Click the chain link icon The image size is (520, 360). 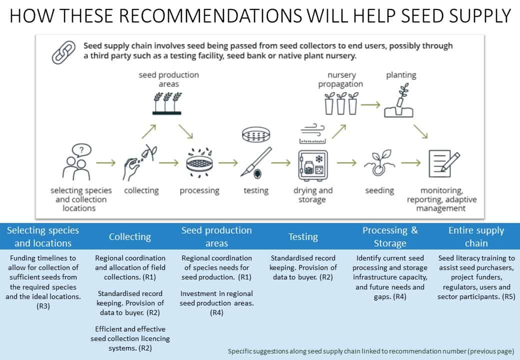[63, 52]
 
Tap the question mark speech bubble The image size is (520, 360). [81, 150]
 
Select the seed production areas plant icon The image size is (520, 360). [167, 103]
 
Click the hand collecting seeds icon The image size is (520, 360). [139, 162]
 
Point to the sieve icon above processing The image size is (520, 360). [199, 162]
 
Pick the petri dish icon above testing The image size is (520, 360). [255, 134]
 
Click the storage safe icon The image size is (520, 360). [312, 165]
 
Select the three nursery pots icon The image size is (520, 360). [341, 103]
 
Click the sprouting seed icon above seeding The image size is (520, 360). [380, 163]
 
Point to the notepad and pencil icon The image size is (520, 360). [444, 163]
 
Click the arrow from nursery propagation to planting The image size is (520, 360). [370, 105]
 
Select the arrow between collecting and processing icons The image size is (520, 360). [168, 163]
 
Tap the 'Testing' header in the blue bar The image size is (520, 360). [303, 236]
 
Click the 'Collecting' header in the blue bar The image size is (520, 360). [130, 236]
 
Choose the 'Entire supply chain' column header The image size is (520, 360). [476, 236]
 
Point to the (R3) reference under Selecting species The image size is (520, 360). [43, 306]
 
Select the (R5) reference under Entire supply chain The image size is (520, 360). [508, 296]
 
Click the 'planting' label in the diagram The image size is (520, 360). [401, 75]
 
